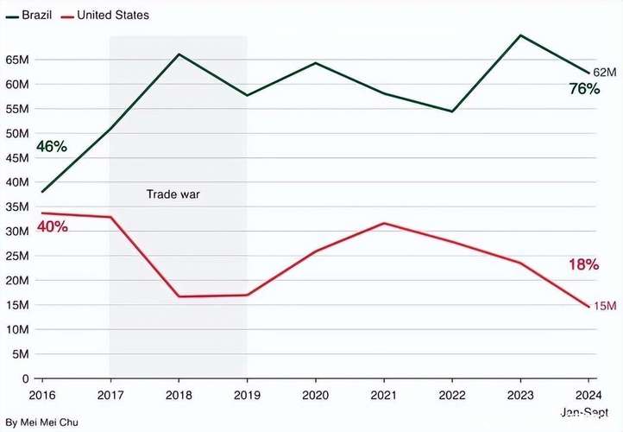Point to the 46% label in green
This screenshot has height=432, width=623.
coord(51,147)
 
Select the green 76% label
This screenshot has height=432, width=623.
coord(583,89)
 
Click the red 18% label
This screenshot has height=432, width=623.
coord(583,265)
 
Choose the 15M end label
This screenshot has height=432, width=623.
coord(604,306)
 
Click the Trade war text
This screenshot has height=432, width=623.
coord(173,194)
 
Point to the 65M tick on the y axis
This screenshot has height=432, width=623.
coord(16,60)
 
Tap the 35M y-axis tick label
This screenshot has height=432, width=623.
coord(16,206)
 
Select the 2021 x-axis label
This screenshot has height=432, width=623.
coord(383,393)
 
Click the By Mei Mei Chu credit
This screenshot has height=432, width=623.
coord(37,422)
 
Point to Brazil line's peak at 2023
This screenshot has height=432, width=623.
coord(520,35)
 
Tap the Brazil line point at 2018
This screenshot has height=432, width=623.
coord(179,54)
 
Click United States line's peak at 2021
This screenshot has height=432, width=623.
coord(383,223)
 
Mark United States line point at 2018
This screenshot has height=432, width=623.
coord(179,296)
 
